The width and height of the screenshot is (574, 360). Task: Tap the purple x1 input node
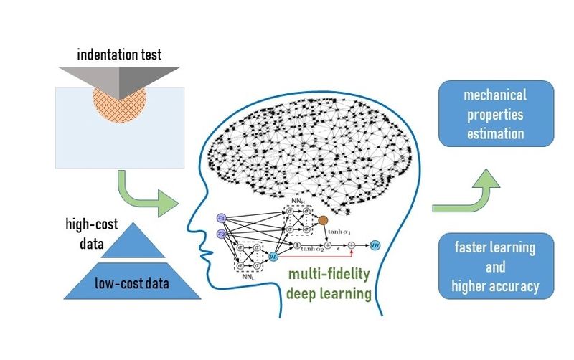click(x=221, y=217)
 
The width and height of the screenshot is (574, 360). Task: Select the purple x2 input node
click(x=221, y=235)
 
